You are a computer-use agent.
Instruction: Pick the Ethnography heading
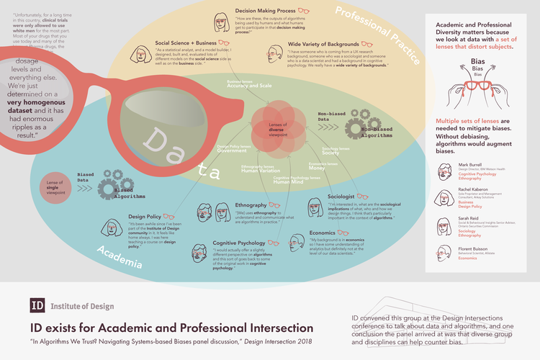point(251,206)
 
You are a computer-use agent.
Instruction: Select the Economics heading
point(323,233)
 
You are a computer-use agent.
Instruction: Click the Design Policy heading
point(145,216)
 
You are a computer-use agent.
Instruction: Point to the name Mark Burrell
point(469,165)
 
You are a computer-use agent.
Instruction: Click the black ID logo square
point(37,305)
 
